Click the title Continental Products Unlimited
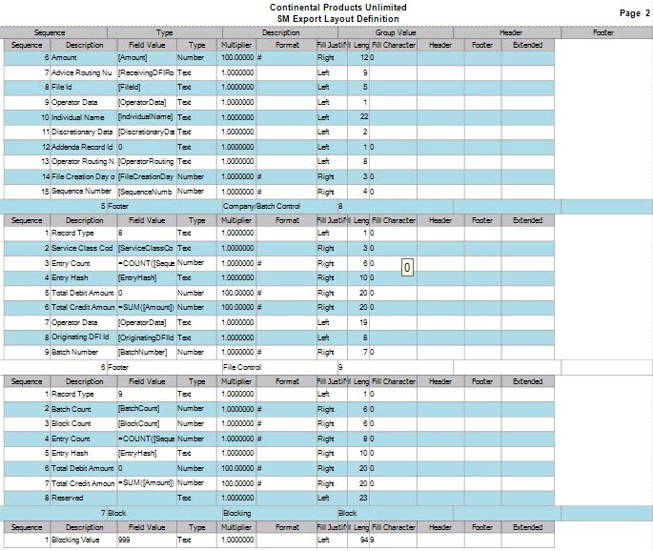337,8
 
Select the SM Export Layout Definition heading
337,18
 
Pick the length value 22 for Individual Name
363,116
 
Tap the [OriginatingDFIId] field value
147,337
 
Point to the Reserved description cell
68,498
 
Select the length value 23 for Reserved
363,498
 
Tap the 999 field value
126,541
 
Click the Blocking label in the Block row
236,513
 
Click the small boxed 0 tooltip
407,269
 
